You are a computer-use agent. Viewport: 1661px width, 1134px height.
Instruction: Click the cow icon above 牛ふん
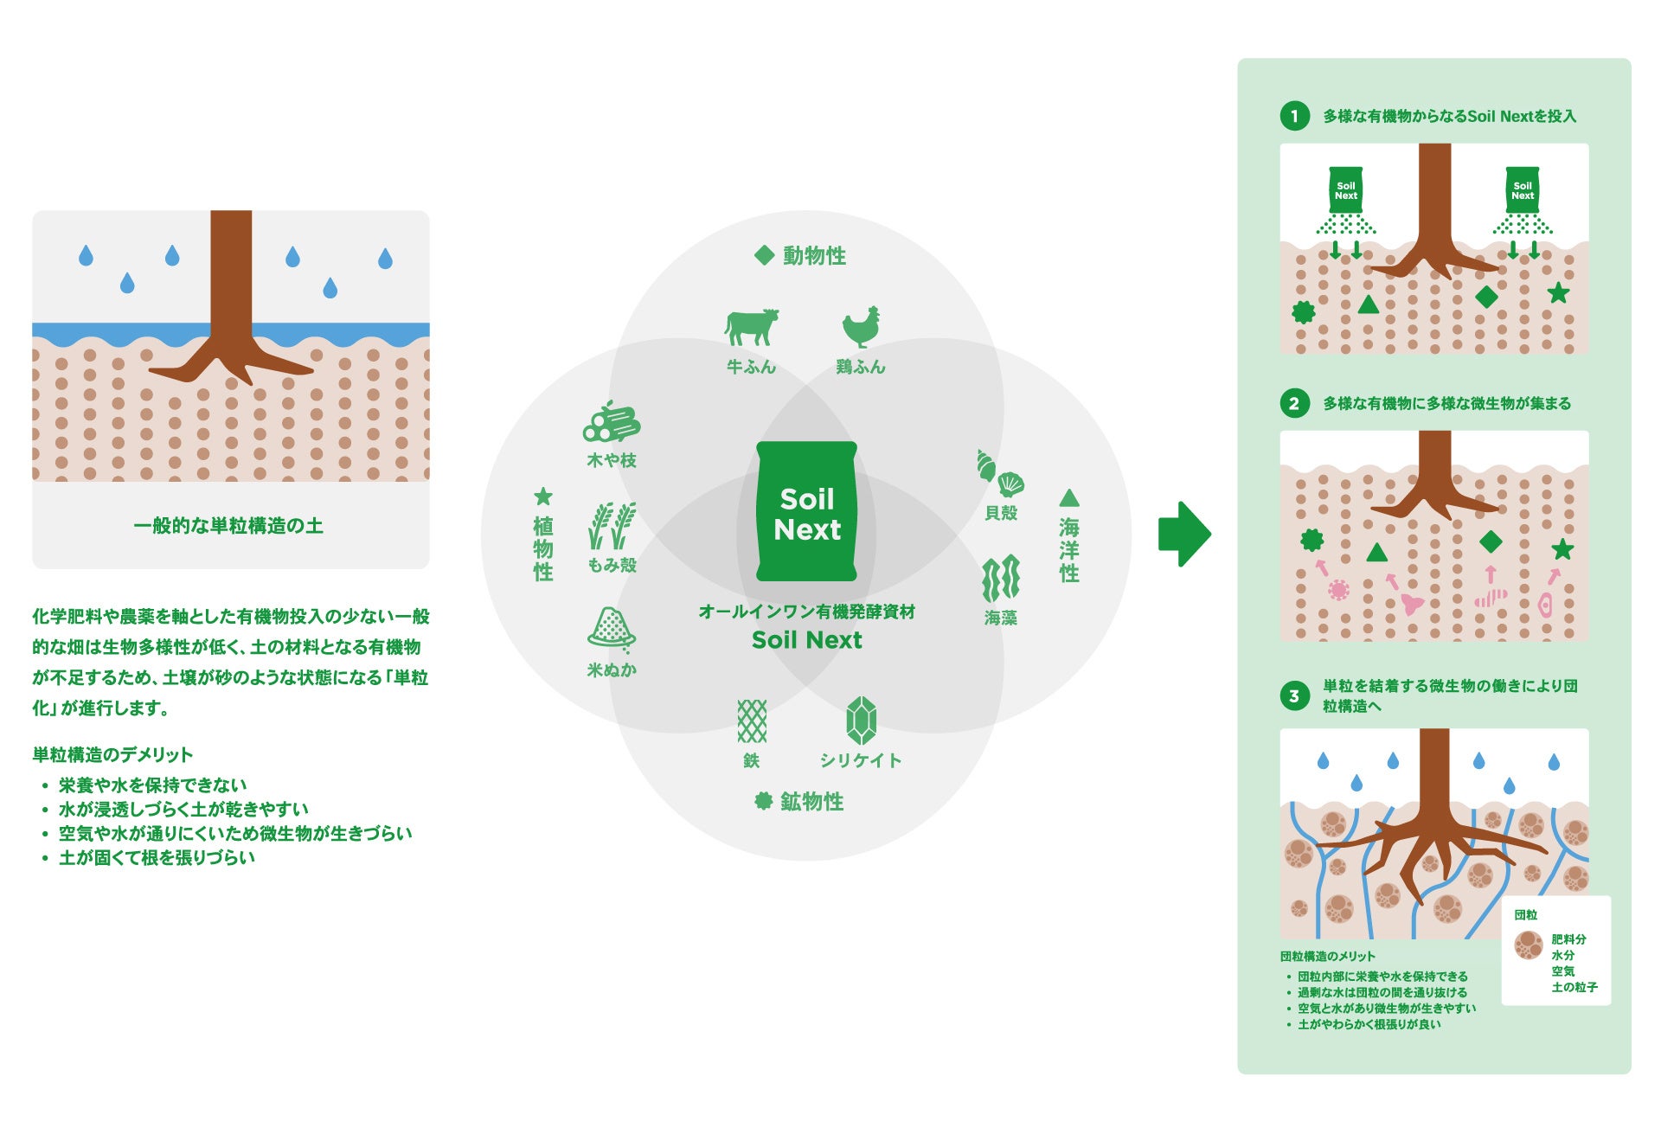click(751, 328)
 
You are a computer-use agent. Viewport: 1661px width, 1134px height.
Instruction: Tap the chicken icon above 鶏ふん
click(862, 327)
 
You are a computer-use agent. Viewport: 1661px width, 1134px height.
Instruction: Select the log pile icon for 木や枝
click(612, 424)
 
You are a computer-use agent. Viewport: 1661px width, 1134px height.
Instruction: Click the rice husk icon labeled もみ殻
click(612, 526)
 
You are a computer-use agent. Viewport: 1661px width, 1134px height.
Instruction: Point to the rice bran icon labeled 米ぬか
click(612, 628)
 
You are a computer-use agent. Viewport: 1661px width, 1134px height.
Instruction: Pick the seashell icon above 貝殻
click(1000, 472)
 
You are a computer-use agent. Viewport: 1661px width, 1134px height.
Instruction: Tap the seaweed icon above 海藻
click(1001, 579)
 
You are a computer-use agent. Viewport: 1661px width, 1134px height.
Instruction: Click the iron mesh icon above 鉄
click(751, 721)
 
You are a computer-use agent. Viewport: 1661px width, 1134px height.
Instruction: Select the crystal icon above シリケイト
click(861, 721)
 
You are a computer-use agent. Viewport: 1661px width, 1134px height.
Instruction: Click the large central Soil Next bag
click(806, 511)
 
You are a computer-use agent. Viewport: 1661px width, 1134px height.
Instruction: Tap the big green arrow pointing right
click(1184, 534)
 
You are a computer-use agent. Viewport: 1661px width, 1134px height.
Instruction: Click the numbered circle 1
click(1294, 116)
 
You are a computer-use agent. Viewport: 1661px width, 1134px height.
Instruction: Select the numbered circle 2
click(1294, 403)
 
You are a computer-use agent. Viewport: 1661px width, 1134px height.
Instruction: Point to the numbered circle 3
click(1294, 695)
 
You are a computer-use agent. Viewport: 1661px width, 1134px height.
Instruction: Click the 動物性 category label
click(800, 256)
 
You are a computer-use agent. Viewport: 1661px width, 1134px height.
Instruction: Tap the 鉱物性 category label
click(800, 802)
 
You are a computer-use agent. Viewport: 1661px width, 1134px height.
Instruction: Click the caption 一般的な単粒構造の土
click(228, 526)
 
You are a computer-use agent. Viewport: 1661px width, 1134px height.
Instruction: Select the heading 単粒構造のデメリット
click(112, 754)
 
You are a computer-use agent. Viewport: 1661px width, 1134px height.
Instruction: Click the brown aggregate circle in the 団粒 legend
click(1529, 945)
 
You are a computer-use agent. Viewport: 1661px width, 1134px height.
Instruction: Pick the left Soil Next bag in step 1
click(1345, 190)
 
